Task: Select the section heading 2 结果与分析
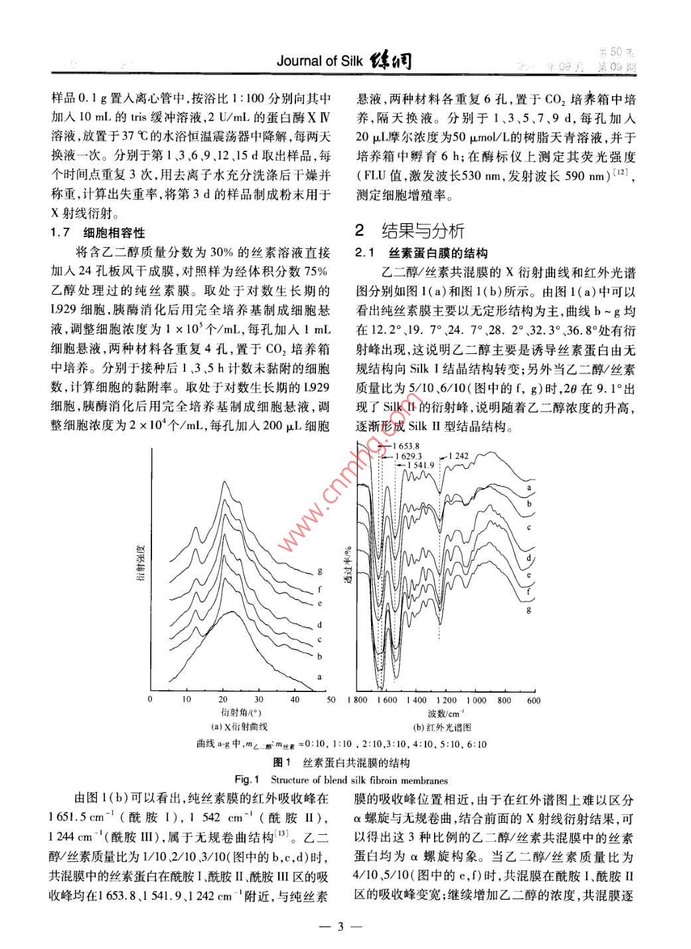click(410, 230)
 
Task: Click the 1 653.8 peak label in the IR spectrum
click(406, 446)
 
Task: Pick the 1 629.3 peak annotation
click(408, 456)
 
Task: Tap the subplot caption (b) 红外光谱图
click(442, 727)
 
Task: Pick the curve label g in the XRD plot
click(320, 571)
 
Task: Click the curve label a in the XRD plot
click(320, 677)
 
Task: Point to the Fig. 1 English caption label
click(247, 780)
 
